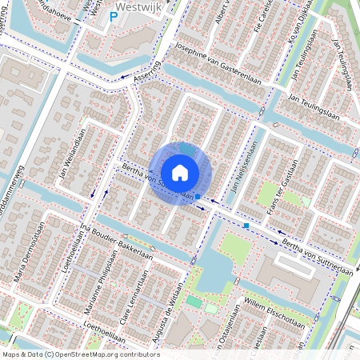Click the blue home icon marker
click(180, 173)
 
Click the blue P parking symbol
click(114, 16)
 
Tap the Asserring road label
click(150, 74)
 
